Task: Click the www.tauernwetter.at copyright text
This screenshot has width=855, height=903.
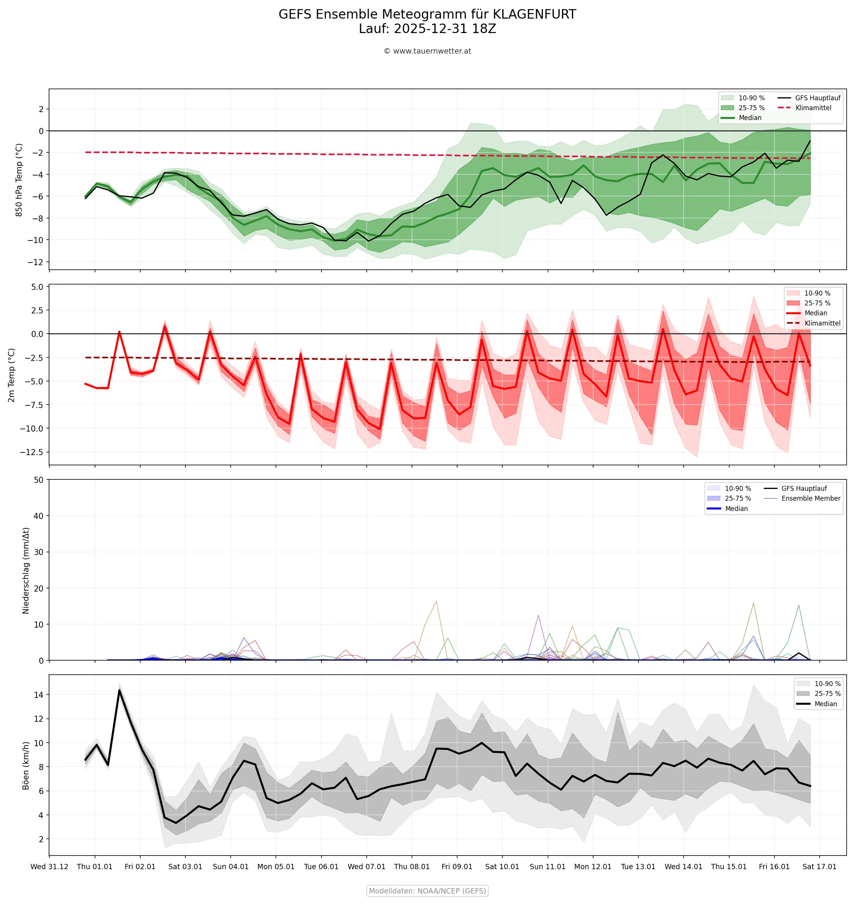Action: (x=427, y=51)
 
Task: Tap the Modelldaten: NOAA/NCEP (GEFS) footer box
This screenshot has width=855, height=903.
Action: (x=427, y=891)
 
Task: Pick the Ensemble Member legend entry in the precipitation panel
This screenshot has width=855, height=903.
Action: (x=810, y=498)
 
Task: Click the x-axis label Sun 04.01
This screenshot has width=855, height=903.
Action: (x=231, y=867)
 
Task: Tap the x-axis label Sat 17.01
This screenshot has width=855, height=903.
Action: (x=819, y=867)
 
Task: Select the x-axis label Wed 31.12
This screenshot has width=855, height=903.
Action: (x=49, y=867)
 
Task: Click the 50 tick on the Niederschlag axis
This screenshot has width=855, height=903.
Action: (x=38, y=480)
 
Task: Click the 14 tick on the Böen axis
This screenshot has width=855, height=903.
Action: (x=38, y=695)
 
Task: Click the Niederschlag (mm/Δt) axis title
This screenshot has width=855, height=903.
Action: (x=26, y=571)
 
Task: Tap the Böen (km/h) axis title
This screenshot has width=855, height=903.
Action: (x=26, y=765)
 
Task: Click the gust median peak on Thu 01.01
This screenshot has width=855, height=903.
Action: (x=119, y=690)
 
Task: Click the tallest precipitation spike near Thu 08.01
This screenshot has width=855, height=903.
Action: (x=436, y=601)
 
